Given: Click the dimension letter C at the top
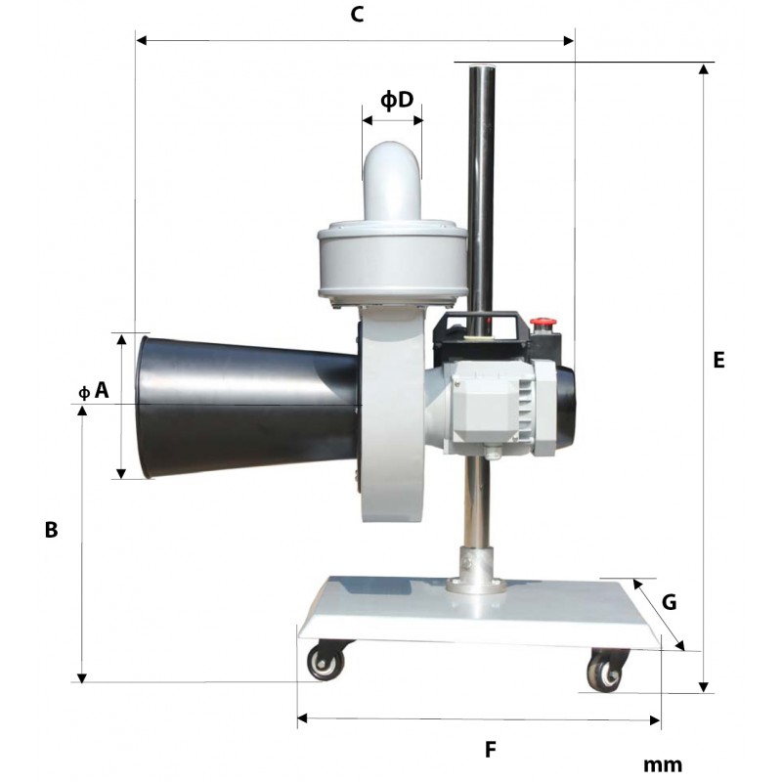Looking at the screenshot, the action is pos(357,15).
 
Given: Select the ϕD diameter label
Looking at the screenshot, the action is pos(397,100).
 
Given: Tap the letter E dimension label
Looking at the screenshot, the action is pos(718,360).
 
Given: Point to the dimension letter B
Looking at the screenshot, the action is pos(52,530).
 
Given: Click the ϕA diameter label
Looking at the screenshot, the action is pos(94,390).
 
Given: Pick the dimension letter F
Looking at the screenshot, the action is pos(491,749).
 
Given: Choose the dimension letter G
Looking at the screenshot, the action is pos(669,602).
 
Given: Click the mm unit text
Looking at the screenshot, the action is pos(663,764).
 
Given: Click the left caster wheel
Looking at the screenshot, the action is pos(326,662).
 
